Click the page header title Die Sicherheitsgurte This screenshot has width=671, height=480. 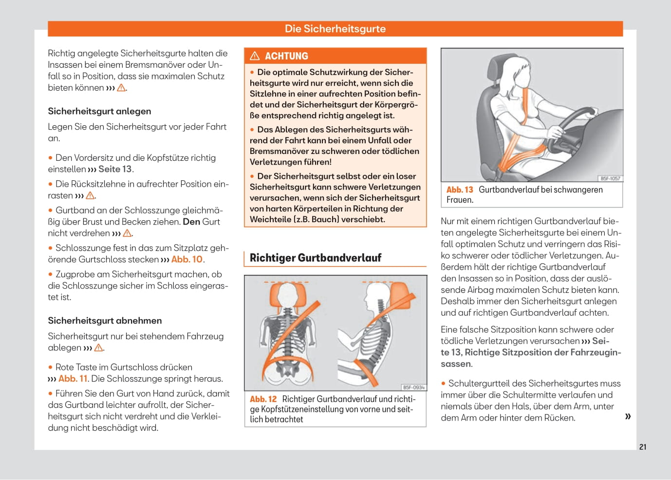(335, 29)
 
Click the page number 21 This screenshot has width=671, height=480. (643, 447)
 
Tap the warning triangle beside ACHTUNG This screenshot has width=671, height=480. (255, 56)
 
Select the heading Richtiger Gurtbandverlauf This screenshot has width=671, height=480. (315, 258)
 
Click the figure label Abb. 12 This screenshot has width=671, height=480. (263, 399)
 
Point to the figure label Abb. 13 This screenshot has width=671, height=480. (460, 190)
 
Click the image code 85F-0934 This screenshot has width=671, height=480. (413, 387)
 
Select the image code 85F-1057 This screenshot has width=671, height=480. (610, 178)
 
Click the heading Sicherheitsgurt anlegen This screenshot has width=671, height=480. (99, 111)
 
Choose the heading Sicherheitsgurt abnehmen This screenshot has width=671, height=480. (105, 321)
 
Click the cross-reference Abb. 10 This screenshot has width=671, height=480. (187, 259)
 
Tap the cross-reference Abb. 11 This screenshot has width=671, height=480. (73, 379)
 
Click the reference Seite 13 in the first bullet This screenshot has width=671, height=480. (115, 169)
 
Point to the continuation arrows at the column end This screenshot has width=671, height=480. (628, 416)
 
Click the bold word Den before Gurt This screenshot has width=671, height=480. (191, 222)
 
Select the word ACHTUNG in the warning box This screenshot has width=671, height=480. (286, 56)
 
